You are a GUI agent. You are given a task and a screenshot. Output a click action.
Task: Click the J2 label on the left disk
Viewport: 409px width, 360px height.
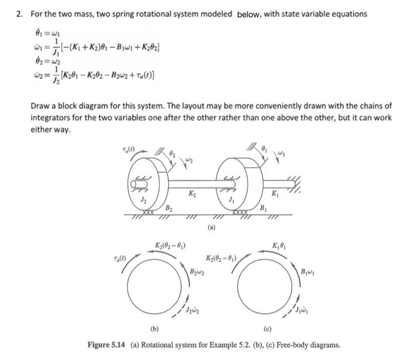pyautogui.click(x=144, y=199)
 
